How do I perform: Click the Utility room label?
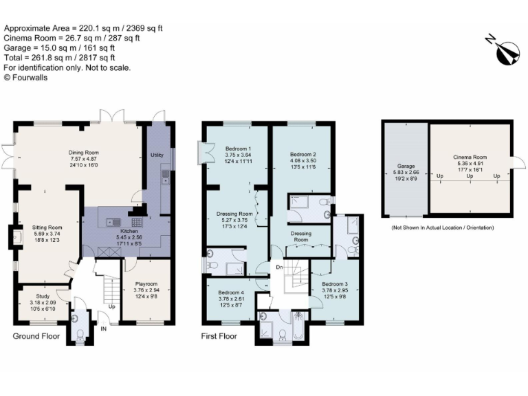pos(157,155)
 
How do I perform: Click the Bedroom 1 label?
pos(238,149)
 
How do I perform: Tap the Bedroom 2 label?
pos(302,154)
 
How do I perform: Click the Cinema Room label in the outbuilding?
pos(470,158)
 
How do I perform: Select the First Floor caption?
pos(219,337)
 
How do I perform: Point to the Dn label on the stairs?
pos(278,267)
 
